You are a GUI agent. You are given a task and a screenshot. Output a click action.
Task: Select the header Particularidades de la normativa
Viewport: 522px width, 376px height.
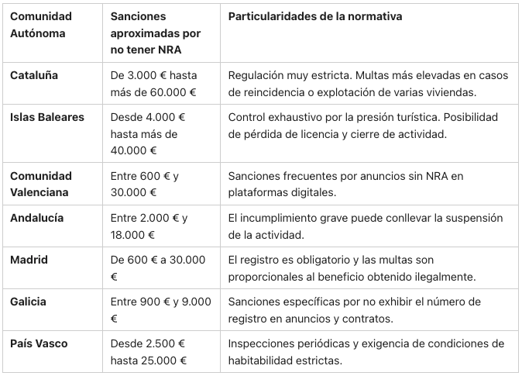click(x=315, y=16)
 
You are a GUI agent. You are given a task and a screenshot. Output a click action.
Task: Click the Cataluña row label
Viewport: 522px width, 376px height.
click(x=34, y=76)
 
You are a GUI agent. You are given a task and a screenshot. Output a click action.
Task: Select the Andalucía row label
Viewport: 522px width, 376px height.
click(x=38, y=217)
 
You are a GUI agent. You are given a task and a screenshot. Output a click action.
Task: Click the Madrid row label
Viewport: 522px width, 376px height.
click(x=29, y=259)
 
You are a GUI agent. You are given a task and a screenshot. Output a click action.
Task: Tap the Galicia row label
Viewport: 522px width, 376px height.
click(x=29, y=301)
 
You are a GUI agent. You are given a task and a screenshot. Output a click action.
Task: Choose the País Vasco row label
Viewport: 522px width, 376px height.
click(x=39, y=343)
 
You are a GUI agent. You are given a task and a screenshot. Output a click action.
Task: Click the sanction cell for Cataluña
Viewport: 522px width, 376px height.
click(x=153, y=84)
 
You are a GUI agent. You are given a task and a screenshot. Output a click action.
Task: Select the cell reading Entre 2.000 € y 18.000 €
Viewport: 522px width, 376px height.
click(x=149, y=226)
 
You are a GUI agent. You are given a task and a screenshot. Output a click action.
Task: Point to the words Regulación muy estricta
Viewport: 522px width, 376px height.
click(x=282, y=76)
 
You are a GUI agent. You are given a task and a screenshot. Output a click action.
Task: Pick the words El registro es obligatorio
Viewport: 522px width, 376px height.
click(x=290, y=259)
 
